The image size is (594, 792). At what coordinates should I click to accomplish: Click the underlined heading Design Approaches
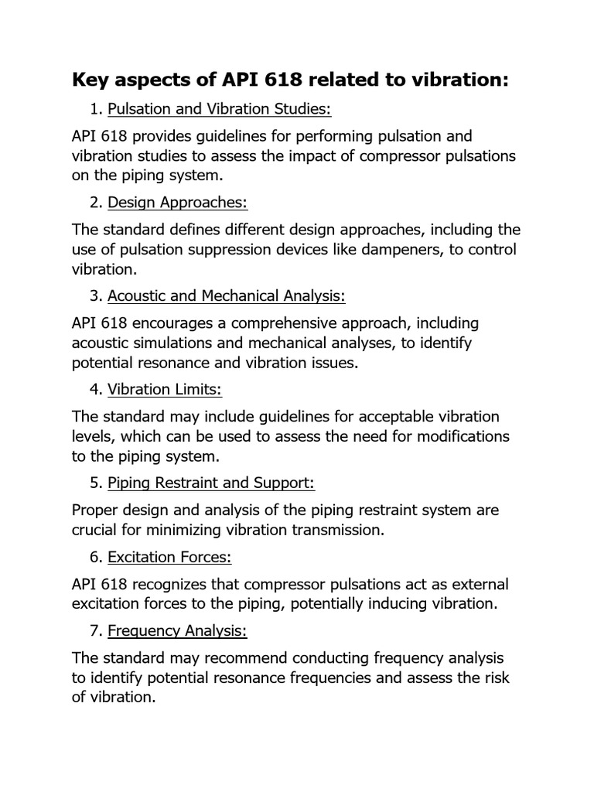(177, 203)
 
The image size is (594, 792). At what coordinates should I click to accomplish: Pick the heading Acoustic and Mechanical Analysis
(227, 296)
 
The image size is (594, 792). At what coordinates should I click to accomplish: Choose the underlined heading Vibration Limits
(165, 389)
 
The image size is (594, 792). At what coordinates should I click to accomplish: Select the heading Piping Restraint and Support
(211, 483)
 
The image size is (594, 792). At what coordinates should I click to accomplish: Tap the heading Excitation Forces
(169, 557)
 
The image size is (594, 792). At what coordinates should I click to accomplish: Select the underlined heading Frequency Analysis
(177, 630)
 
